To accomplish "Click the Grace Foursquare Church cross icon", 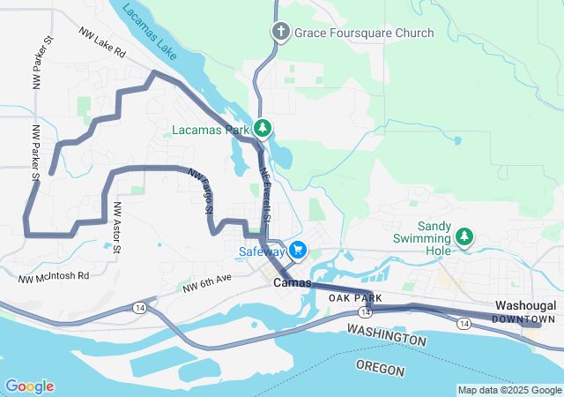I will [x=281, y=33].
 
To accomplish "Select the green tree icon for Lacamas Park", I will [x=263, y=130].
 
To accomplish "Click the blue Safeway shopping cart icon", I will [x=298, y=251].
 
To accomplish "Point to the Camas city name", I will [x=293, y=283].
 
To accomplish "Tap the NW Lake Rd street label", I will [x=102, y=42].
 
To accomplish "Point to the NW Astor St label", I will [x=116, y=227].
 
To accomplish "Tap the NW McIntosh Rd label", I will [x=54, y=276].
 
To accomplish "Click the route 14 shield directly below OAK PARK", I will [x=365, y=312].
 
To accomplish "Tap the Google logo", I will [x=29, y=386].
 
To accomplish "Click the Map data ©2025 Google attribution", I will [x=508, y=390].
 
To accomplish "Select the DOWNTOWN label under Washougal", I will [x=523, y=318].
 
